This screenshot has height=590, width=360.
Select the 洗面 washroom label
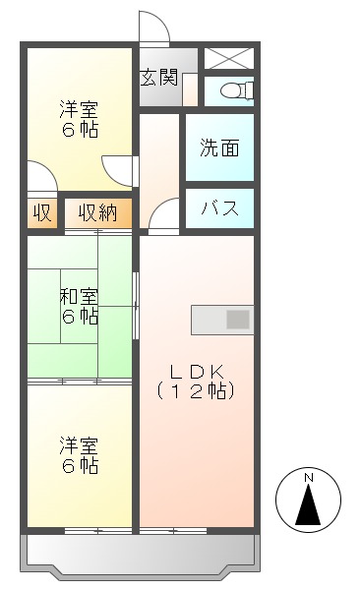click(219, 149)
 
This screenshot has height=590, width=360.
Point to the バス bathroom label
click(218, 207)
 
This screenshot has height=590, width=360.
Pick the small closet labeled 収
click(41, 212)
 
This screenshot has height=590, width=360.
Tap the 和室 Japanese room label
click(78, 296)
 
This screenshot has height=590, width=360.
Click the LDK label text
click(197, 372)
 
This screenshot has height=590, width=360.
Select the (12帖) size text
click(197, 390)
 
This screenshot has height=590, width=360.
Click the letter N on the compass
click(309, 478)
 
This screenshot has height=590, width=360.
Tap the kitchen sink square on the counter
click(239, 319)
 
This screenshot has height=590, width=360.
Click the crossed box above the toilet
click(228, 58)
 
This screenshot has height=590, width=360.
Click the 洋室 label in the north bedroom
click(78, 108)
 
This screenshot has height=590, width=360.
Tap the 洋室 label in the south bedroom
click(78, 445)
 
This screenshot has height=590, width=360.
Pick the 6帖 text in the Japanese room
click(78, 317)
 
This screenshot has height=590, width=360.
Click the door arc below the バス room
click(164, 213)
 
